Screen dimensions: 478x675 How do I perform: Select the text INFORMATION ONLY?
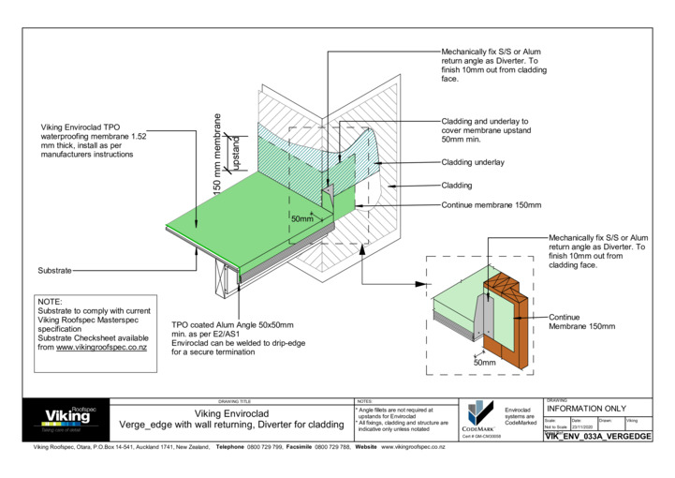pyautogui.click(x=585, y=409)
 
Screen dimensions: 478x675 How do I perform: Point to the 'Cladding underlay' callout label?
pyautogui.click(x=472, y=162)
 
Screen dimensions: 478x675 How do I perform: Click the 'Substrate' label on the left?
pyautogui.click(x=54, y=270)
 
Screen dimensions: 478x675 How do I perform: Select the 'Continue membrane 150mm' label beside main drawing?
pyautogui.click(x=492, y=204)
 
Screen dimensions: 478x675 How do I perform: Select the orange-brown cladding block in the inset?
pyautogui.click(x=506, y=319)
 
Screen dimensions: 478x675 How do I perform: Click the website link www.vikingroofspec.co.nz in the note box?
pyautogui.click(x=101, y=347)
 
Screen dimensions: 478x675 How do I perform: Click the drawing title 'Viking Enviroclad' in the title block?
pyautogui.click(x=231, y=411)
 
